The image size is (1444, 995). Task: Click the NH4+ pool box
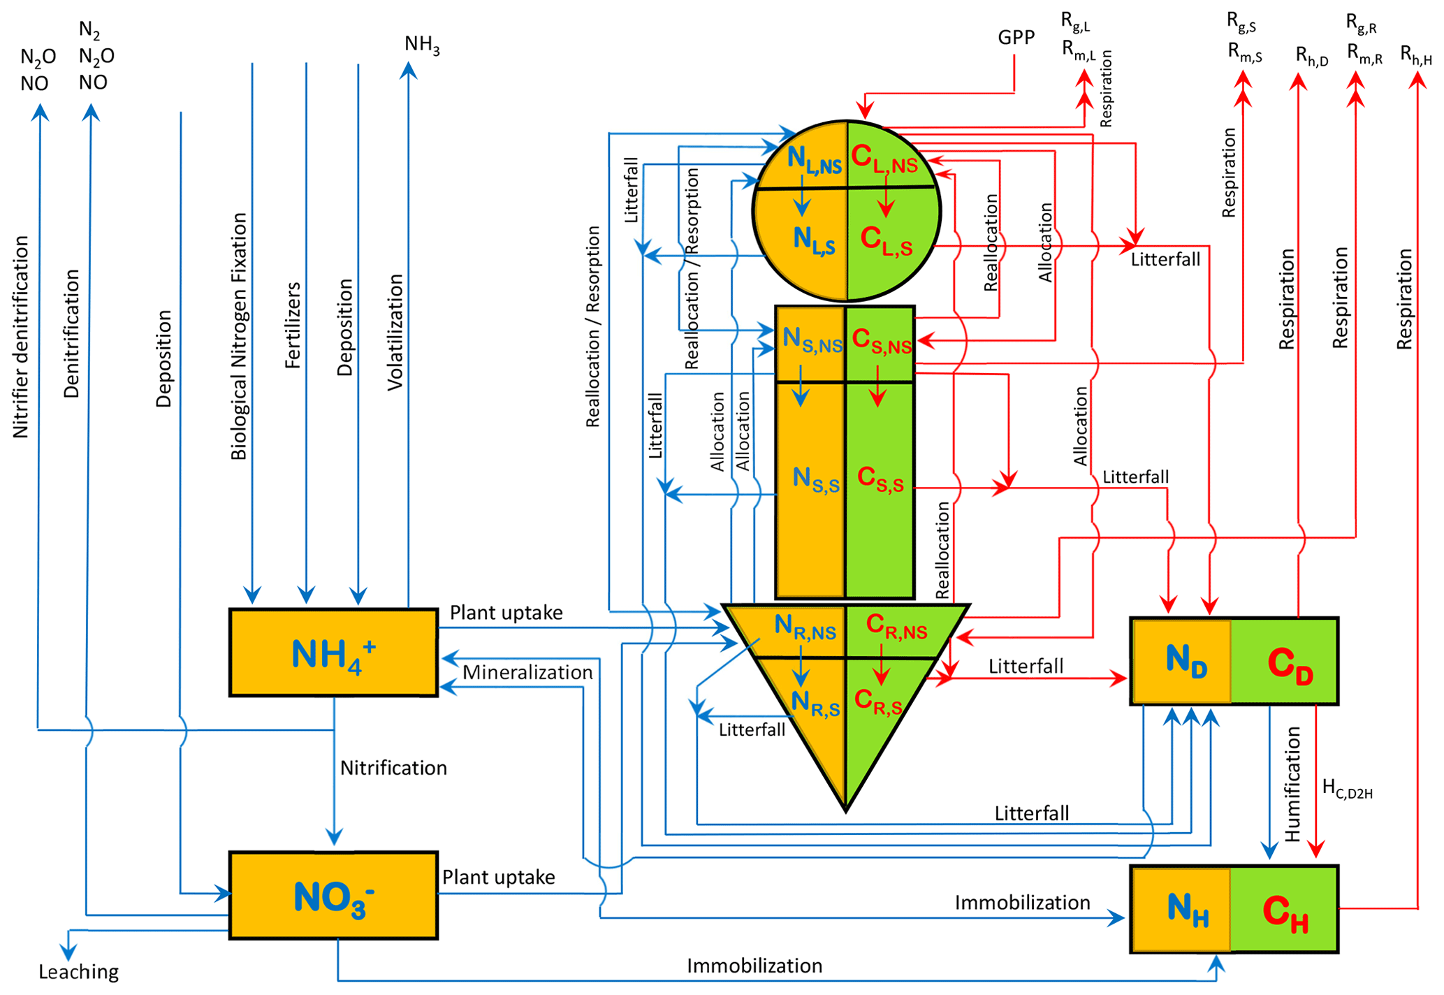tap(333, 653)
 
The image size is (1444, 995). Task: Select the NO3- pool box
tap(333, 896)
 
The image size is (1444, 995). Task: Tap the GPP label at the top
tap(1016, 38)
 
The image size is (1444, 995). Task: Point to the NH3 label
tap(422, 45)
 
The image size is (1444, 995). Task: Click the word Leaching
tap(78, 972)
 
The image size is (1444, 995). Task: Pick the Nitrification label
tap(393, 768)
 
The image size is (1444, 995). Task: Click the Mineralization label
tap(527, 672)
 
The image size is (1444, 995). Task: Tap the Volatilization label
tap(395, 332)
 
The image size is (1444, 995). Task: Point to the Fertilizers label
tap(293, 325)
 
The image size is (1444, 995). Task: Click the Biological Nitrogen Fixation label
tap(239, 336)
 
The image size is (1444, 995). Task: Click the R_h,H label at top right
tap(1415, 56)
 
